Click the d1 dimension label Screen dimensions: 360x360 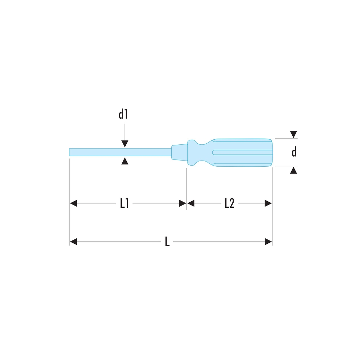(x=123, y=114)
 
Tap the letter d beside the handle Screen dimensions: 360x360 (x=294, y=152)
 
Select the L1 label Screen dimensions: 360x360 (x=125, y=203)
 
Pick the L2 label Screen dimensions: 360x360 (x=229, y=203)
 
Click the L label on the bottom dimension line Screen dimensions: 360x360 (x=167, y=242)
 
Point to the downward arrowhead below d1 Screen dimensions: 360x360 (x=125, y=144)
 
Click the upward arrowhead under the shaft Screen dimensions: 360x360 (x=125, y=161)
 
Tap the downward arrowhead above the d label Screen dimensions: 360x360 (x=293, y=134)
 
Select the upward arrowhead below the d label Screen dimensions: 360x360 (x=293, y=170)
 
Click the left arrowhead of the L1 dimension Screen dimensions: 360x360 (x=73, y=203)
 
